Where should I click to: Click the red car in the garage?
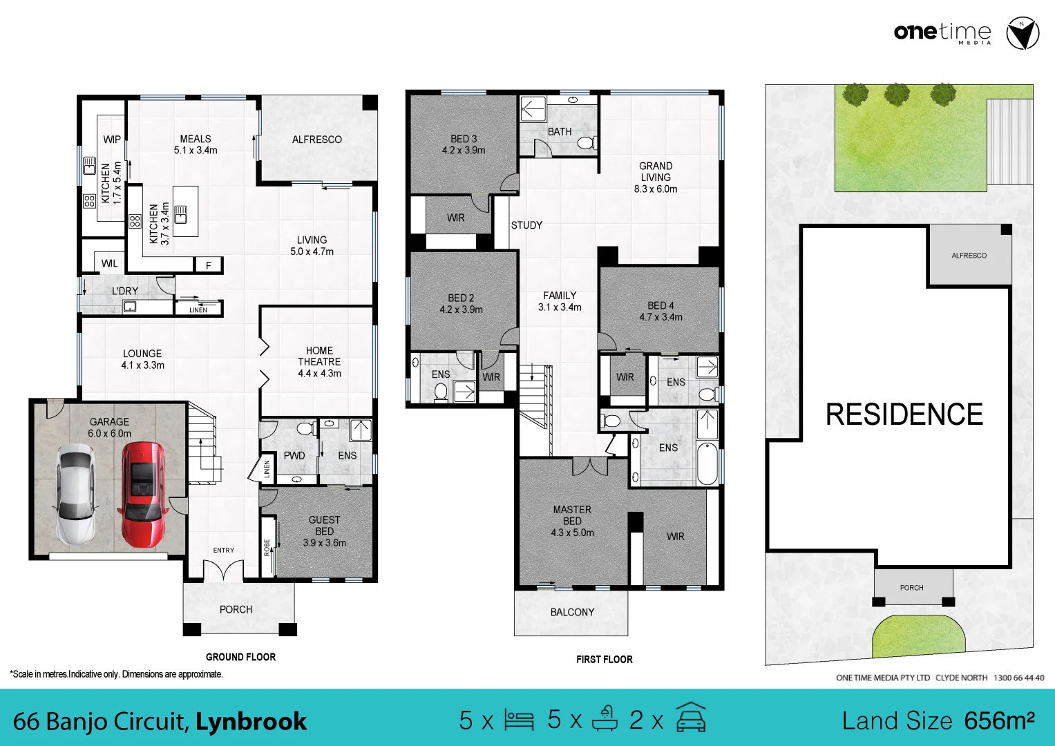(143, 494)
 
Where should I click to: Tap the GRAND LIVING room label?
(656, 171)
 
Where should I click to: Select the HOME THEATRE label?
(319, 356)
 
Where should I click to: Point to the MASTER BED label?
(572, 515)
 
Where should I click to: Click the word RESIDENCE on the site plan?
(904, 415)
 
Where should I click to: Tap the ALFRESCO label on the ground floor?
(316, 140)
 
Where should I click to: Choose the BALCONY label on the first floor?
(572, 612)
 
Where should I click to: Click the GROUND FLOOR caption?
(240, 657)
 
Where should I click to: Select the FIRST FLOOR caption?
(605, 660)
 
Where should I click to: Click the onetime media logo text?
(942, 32)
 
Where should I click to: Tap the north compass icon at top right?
(1022, 34)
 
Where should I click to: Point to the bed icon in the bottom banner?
(519, 720)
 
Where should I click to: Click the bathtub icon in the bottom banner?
(605, 719)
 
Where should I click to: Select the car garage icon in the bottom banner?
(691, 718)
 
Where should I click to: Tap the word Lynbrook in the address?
(251, 721)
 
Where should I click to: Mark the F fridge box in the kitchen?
(209, 265)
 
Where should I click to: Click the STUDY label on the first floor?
(526, 225)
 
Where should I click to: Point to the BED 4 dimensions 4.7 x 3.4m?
(660, 317)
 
